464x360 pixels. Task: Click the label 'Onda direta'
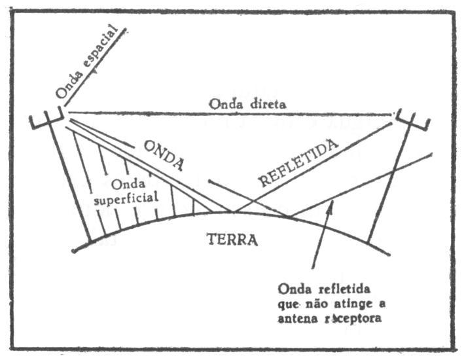pos(247,105)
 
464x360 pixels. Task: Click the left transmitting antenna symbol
pos(48,121)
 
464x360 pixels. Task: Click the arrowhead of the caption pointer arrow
pos(332,205)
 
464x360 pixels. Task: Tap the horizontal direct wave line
pos(229,114)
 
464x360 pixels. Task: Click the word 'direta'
pos(264,105)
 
